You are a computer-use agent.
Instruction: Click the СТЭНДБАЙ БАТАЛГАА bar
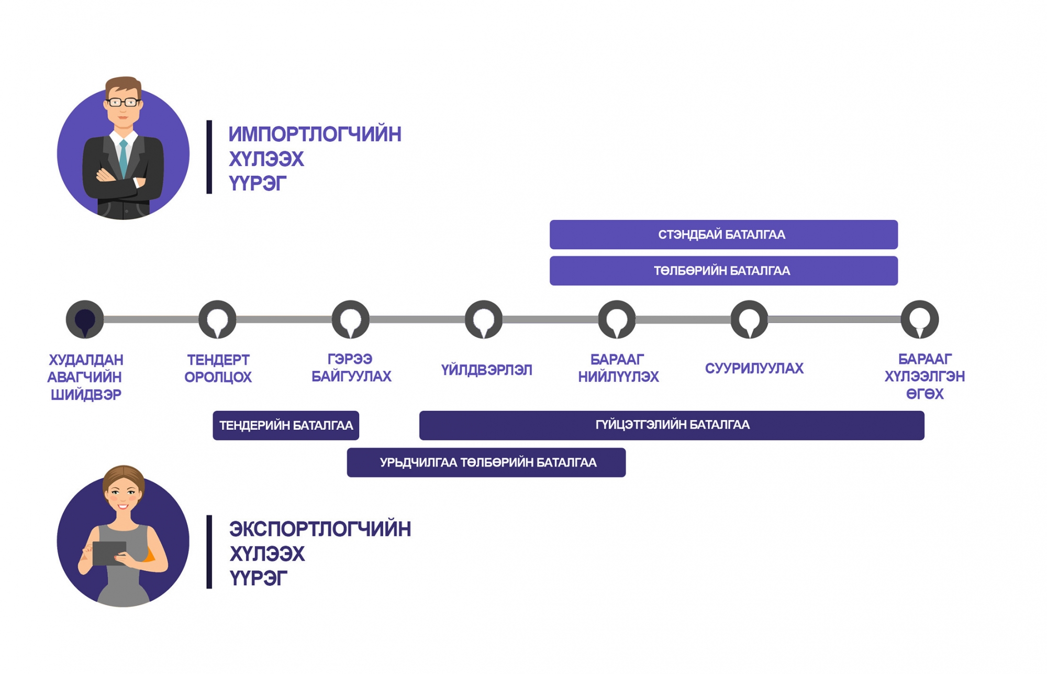tap(723, 234)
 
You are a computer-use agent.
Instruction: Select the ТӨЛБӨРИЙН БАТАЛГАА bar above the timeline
tap(723, 271)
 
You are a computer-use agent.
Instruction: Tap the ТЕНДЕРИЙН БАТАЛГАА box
tap(286, 425)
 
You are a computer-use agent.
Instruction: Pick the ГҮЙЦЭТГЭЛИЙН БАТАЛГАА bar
tap(672, 425)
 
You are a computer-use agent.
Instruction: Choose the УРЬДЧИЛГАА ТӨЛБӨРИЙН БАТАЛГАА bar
tap(486, 462)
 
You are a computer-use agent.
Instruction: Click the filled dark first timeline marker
tap(85, 319)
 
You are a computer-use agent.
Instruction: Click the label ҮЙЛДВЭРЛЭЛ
tap(486, 370)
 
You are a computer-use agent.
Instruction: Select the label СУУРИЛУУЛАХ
tap(754, 368)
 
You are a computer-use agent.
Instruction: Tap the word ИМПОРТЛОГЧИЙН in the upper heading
tap(315, 134)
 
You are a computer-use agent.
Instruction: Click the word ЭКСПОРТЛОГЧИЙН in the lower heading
tap(320, 529)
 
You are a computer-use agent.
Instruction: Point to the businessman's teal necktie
tap(124, 158)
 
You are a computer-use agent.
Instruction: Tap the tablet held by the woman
tap(109, 553)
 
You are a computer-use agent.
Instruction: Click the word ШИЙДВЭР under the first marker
tap(86, 394)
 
